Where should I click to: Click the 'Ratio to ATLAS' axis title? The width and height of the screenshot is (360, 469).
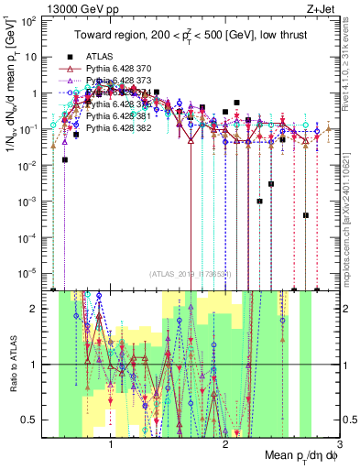[x=12, y=365]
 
